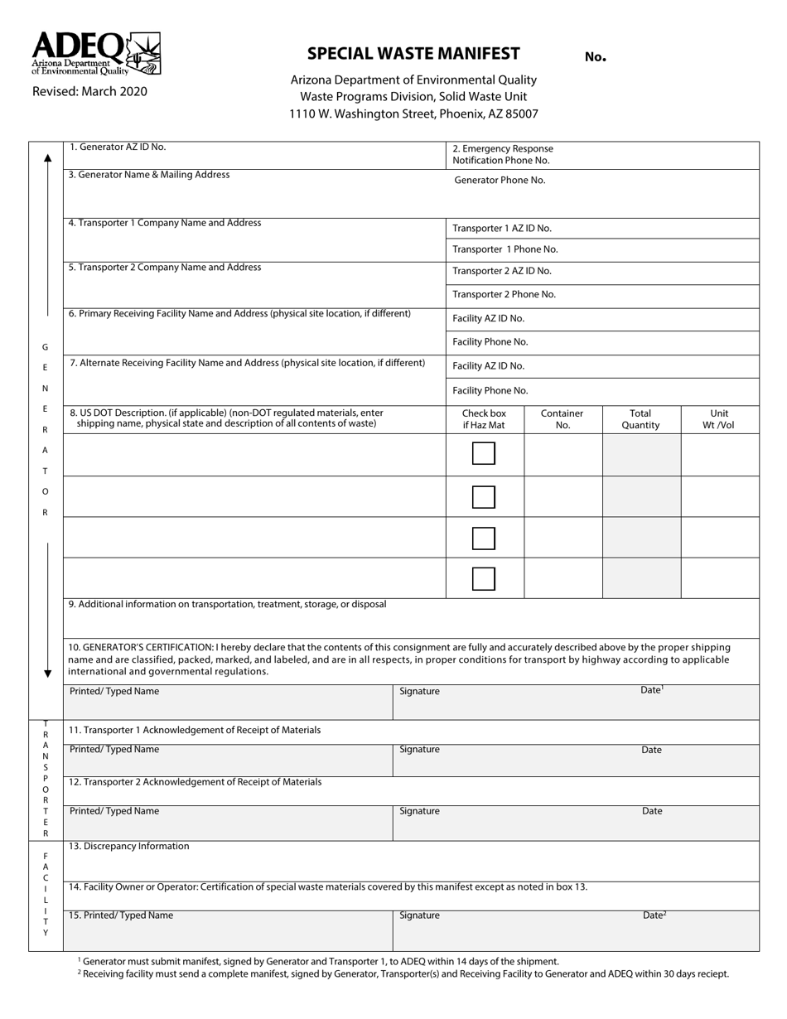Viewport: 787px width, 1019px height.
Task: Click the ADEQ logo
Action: tap(95, 54)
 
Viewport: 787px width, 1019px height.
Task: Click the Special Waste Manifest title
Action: tap(413, 54)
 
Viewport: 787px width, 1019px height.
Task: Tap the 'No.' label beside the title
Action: tap(595, 57)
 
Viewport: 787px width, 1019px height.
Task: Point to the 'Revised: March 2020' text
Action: tap(89, 91)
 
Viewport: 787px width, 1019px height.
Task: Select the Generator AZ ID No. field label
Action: tap(118, 147)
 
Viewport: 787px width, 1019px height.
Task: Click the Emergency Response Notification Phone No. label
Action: tap(502, 154)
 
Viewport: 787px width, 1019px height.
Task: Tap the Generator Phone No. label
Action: tap(500, 180)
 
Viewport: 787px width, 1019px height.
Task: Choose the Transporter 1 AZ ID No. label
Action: tap(501, 228)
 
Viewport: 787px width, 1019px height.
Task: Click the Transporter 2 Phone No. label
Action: tap(504, 294)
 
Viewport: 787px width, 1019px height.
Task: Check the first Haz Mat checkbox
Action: tap(484, 454)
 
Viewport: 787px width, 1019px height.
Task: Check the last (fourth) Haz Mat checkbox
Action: tap(484, 578)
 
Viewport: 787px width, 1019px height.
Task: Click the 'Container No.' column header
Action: tap(562, 419)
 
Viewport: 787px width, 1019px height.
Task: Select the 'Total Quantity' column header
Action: tap(640, 419)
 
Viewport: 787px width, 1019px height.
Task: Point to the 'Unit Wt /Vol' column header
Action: tap(719, 419)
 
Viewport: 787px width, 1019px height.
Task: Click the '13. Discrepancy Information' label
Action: tap(128, 846)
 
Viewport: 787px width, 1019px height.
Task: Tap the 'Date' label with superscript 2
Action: tap(654, 915)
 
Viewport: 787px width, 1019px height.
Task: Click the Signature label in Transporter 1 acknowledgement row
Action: tap(419, 749)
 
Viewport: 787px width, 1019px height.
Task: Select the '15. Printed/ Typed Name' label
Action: tap(121, 915)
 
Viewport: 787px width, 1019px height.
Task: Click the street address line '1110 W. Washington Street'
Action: tap(413, 114)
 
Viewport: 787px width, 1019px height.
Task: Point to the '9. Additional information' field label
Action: tap(228, 604)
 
